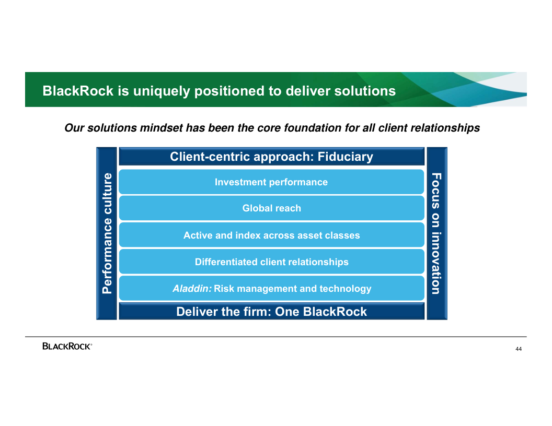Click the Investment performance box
271,182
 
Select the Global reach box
271,208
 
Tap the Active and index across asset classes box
271,235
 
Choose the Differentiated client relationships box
271,262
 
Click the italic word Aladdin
192,289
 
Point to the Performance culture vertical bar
107,233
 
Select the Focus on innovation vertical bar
436,233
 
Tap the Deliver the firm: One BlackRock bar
271,312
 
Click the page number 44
519,349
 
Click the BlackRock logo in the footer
67,346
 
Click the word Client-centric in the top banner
210,157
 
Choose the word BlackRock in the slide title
78,91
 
